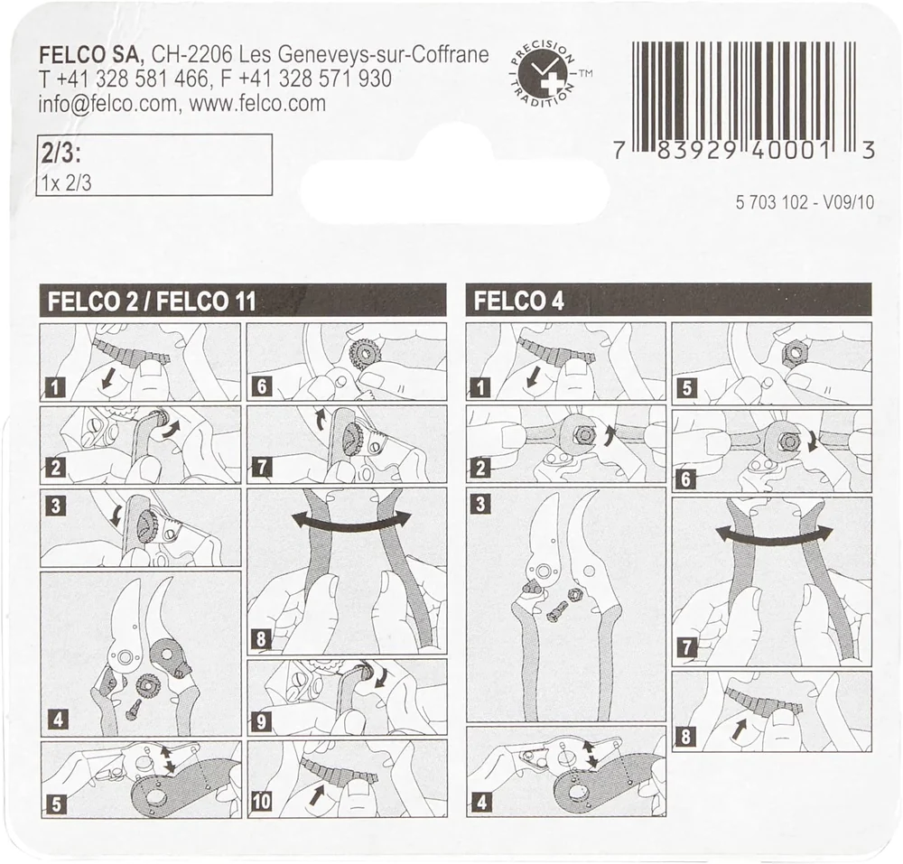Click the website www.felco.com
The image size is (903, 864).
point(257,104)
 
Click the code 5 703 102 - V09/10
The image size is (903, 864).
point(805,203)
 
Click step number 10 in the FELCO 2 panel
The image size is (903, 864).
point(260,801)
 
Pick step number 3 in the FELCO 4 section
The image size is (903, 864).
point(479,505)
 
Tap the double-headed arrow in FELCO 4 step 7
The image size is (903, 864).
point(775,534)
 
